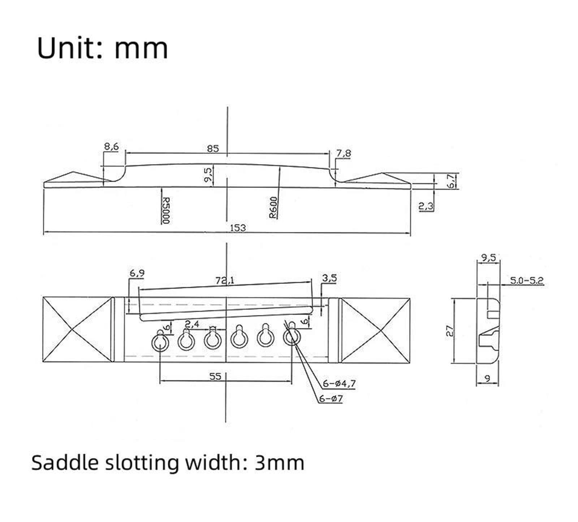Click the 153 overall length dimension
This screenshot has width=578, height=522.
click(238, 227)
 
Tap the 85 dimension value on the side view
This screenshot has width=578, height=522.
click(213, 148)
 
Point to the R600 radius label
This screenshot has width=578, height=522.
click(273, 208)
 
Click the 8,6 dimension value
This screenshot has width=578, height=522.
click(111, 146)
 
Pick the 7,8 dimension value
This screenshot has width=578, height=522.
click(344, 153)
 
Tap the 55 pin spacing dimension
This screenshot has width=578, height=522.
click(215, 377)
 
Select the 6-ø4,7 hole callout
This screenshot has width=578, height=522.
click(339, 384)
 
